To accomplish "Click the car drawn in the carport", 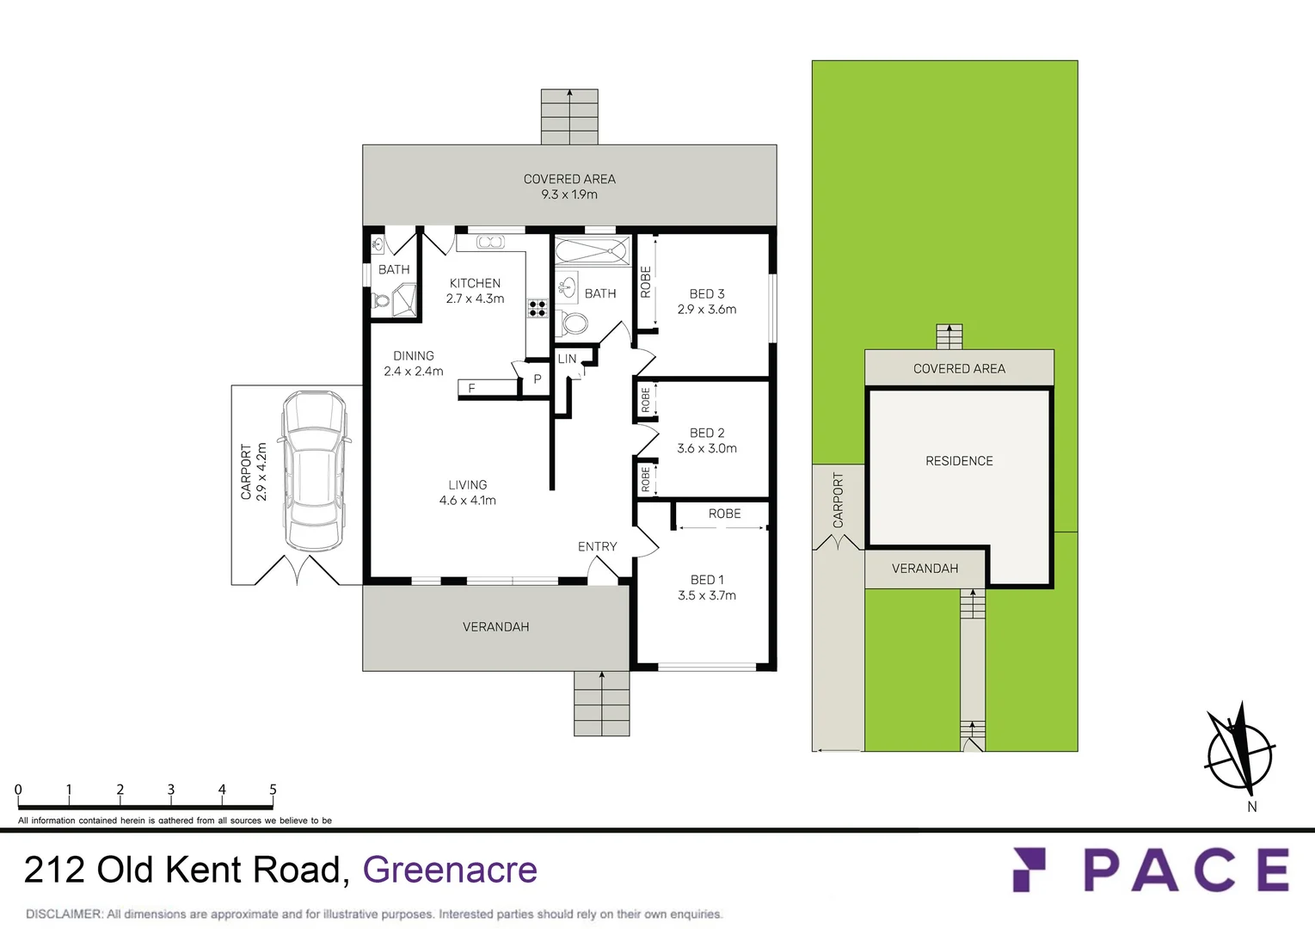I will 314,471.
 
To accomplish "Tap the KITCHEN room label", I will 475,283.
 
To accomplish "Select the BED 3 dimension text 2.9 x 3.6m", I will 707,310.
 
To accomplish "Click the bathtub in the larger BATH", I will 592,252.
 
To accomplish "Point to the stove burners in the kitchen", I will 538,308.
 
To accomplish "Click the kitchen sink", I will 490,243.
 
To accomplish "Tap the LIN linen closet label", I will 567,359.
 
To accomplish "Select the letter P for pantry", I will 538,379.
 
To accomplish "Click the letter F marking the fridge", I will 471,389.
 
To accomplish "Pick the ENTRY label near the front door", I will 597,546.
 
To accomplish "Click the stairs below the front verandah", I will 601,704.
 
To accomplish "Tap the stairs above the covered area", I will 569,117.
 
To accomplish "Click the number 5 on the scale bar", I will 273,790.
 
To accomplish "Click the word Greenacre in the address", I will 450,870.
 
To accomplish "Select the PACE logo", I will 1152,870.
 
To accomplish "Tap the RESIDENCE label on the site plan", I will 959,461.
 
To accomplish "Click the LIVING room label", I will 467,485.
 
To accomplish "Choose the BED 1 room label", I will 707,580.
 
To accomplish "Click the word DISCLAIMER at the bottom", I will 64,914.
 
